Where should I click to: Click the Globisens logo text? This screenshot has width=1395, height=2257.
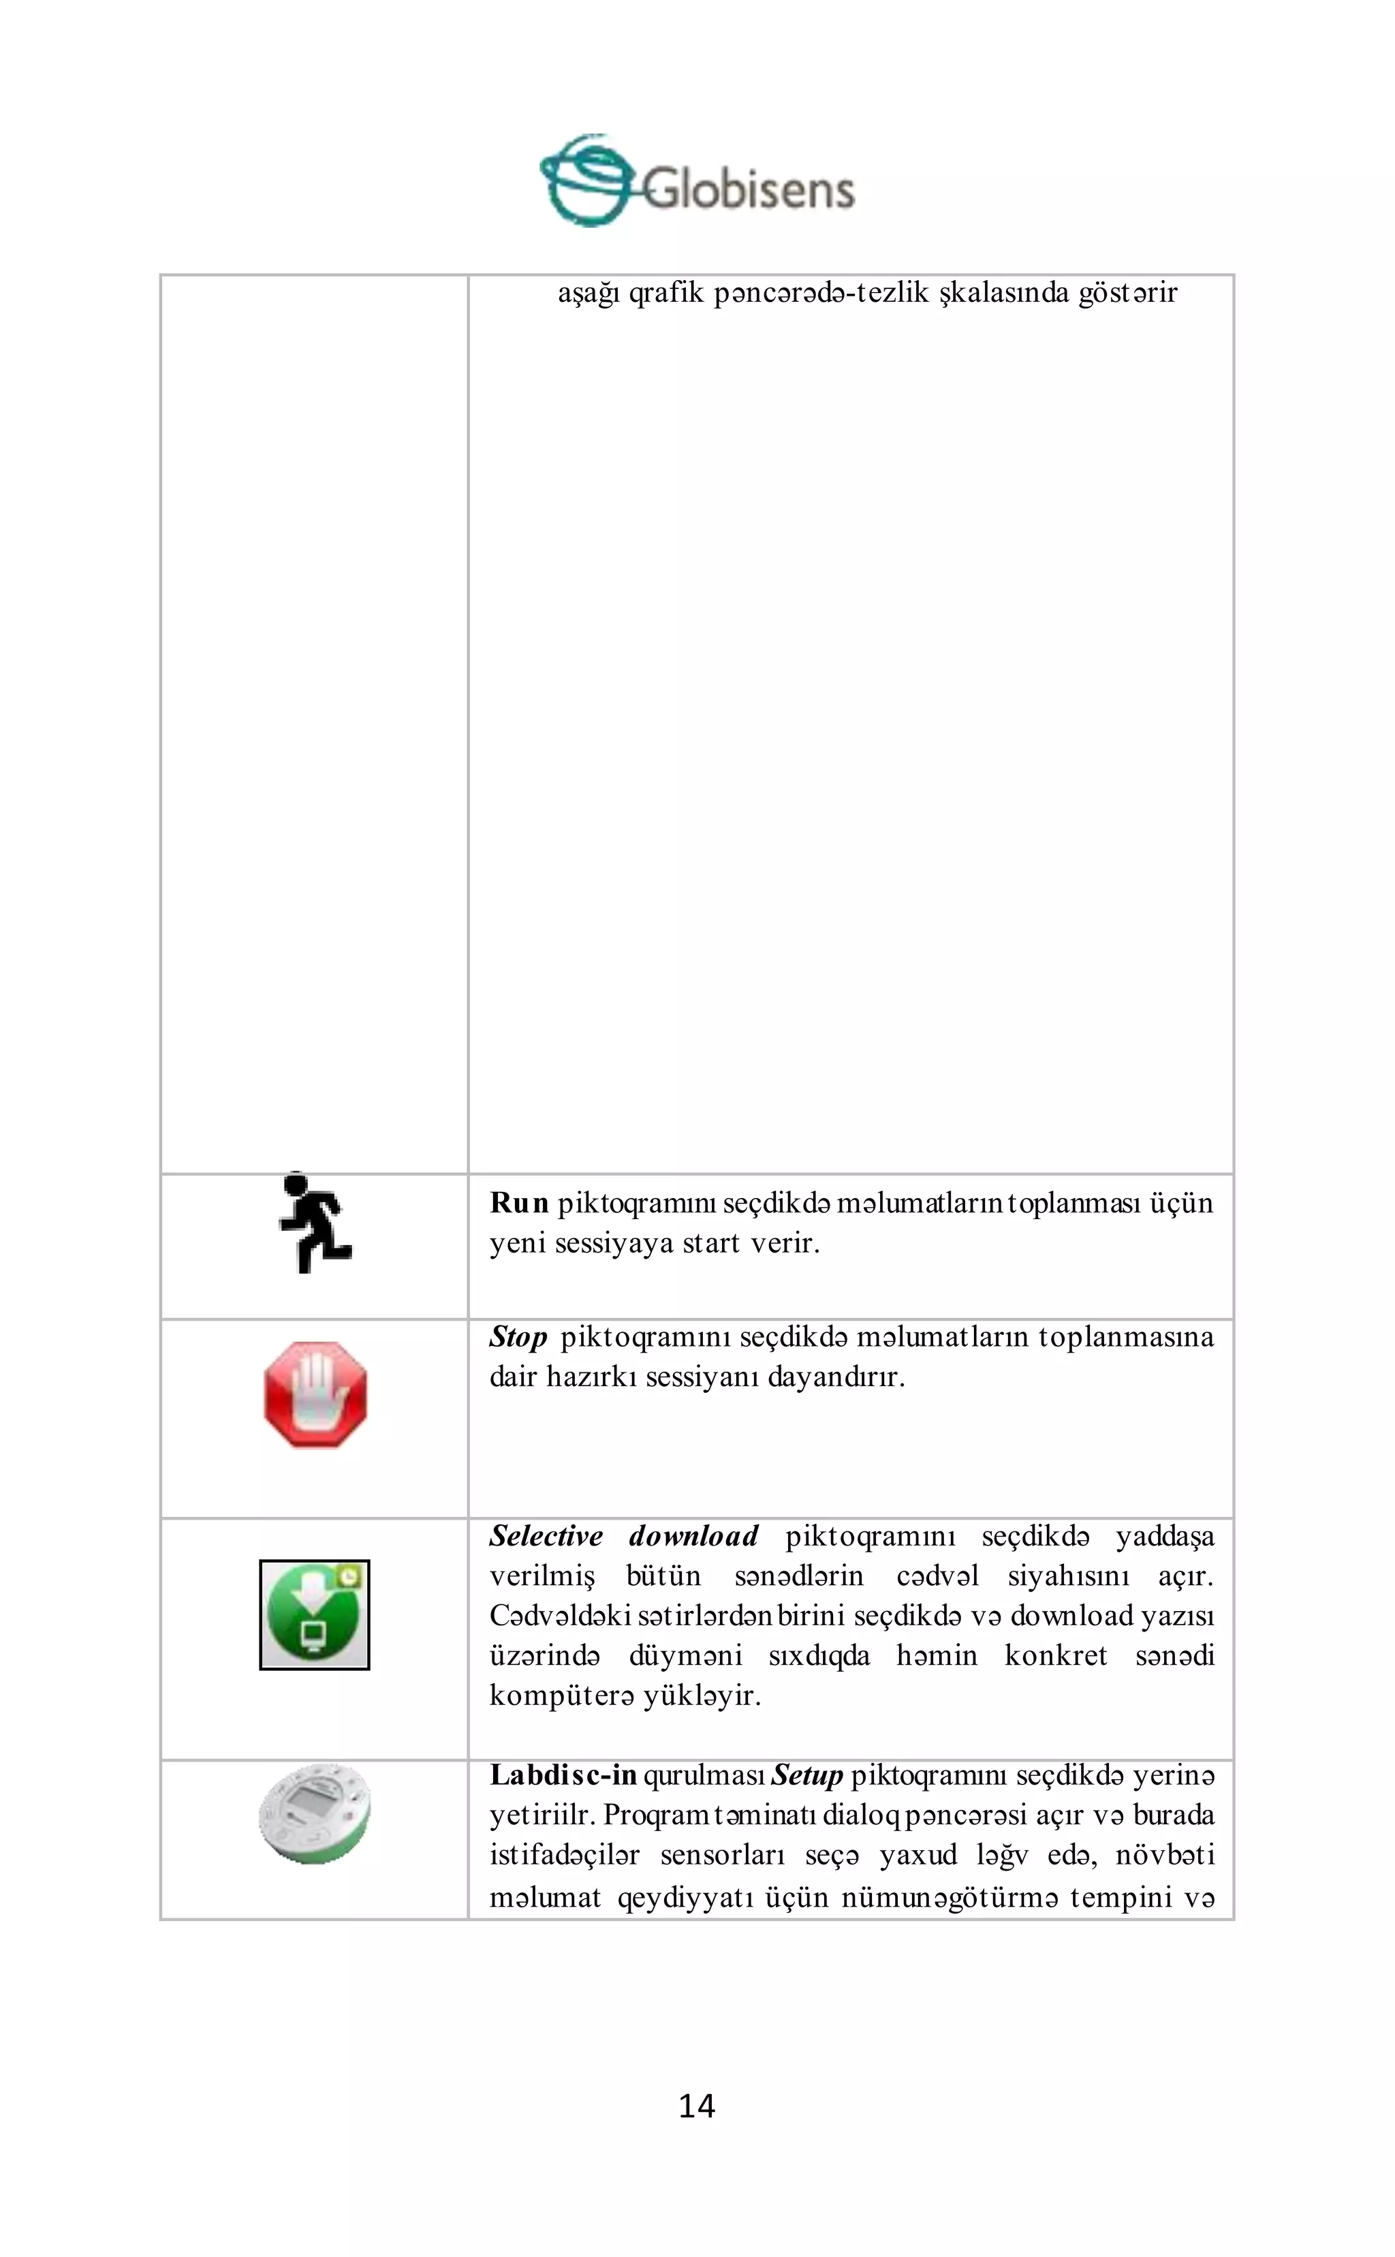click(747, 189)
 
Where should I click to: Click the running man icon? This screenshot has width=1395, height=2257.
click(315, 1223)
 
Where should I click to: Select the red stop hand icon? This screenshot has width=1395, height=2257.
click(315, 1394)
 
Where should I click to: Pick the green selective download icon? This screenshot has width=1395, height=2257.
click(315, 1614)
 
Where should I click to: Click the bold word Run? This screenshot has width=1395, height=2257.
click(518, 1203)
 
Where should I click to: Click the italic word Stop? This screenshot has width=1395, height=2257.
click(518, 1336)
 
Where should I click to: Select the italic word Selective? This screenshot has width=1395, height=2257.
click(546, 1536)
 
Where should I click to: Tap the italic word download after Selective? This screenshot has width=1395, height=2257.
click(693, 1536)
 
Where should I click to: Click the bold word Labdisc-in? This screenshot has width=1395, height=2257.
click(563, 1775)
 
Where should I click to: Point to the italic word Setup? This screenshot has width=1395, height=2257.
click(806, 1775)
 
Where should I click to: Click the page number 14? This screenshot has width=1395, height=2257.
click(697, 2106)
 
